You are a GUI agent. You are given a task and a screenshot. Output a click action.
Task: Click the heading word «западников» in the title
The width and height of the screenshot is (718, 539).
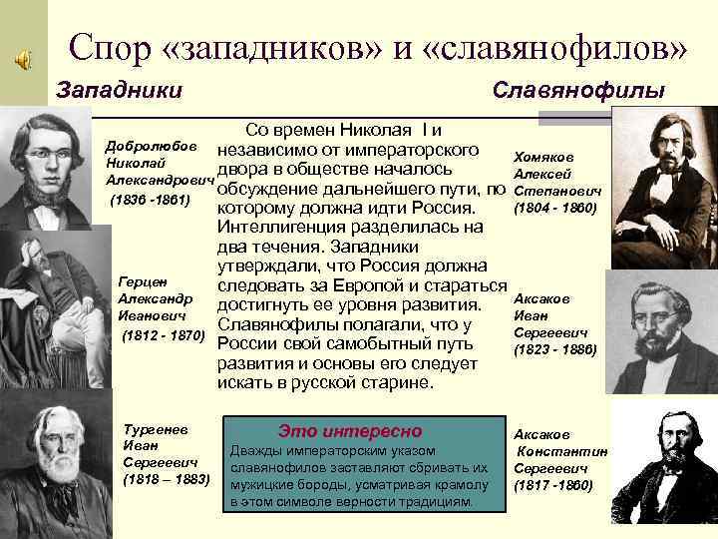tap(286, 46)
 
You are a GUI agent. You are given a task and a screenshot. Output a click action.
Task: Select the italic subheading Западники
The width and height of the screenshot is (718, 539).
tap(120, 91)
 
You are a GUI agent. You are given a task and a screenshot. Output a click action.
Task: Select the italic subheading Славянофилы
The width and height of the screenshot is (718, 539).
tap(578, 91)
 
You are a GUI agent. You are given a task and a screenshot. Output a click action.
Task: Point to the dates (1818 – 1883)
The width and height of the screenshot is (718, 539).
tap(165, 479)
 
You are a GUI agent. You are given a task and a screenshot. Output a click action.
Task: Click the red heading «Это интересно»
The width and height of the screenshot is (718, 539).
tap(349, 431)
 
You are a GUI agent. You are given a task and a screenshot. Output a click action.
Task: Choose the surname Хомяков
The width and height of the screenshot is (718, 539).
tap(542, 157)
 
